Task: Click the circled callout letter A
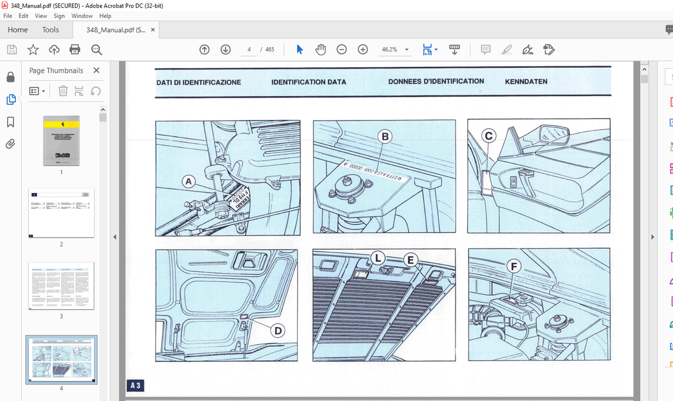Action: click(188, 182)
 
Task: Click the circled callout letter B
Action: click(385, 137)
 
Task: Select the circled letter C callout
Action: click(488, 136)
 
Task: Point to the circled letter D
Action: click(277, 330)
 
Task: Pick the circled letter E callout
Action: click(410, 260)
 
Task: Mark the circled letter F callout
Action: click(513, 266)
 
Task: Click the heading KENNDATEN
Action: click(526, 82)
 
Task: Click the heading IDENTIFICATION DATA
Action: click(308, 82)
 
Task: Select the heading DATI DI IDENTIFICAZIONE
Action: click(199, 82)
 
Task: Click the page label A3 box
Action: click(135, 386)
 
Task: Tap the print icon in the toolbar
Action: click(75, 50)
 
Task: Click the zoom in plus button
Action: click(363, 50)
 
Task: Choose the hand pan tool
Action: click(321, 50)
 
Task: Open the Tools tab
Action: click(50, 30)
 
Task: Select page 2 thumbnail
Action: click(61, 213)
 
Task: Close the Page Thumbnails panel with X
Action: click(96, 71)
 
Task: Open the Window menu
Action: click(82, 16)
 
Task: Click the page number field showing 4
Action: click(249, 50)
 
